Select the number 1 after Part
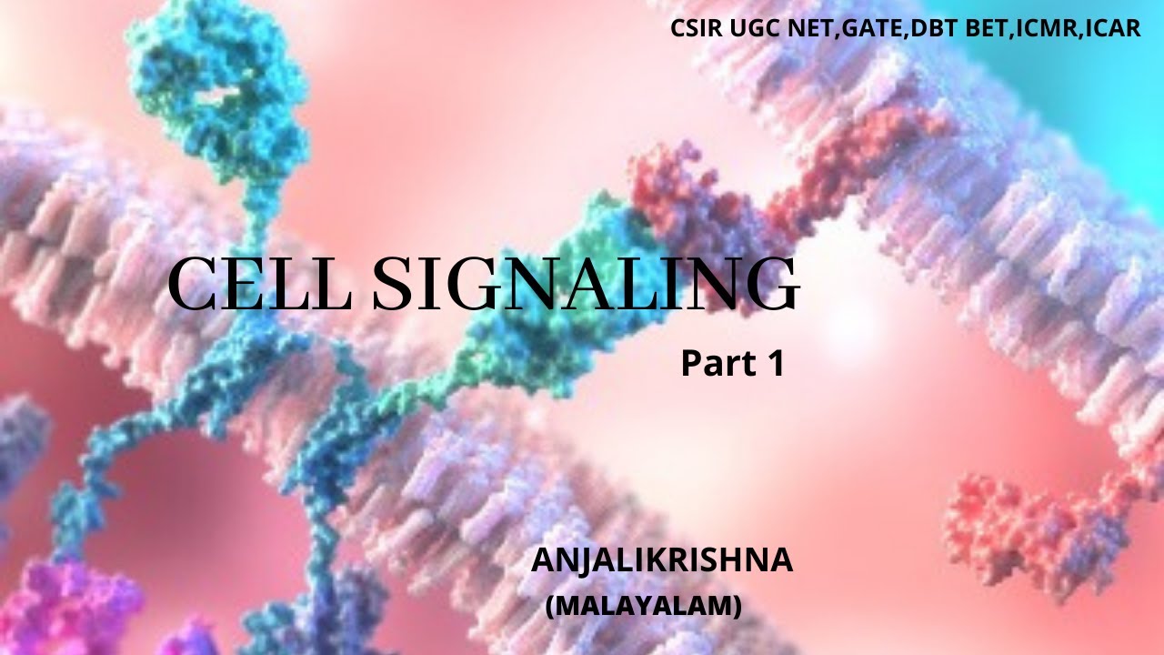tap(775, 364)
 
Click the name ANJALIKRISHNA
tap(662, 561)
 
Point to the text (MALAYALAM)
tap(643, 605)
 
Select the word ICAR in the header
tap(1111, 28)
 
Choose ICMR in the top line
tap(1045, 28)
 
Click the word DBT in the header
tap(941, 28)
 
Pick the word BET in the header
tap(988, 28)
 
